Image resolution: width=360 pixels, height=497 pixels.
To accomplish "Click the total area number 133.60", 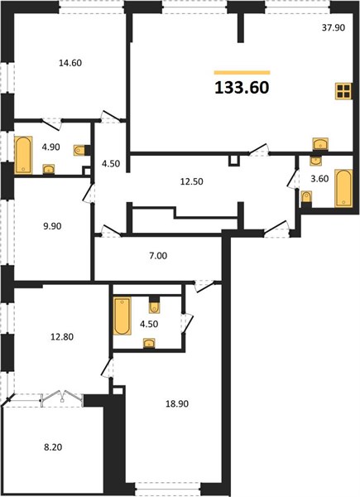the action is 242,88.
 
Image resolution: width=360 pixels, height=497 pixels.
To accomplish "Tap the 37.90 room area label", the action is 334,27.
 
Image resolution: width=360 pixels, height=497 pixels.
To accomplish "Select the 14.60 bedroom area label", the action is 70,63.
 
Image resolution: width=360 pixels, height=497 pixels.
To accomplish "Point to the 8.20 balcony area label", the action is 53,447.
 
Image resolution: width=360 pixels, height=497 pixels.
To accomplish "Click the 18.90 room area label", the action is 177,403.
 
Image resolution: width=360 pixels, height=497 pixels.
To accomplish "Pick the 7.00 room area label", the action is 158,255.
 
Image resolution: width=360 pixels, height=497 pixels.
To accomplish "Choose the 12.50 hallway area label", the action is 191,181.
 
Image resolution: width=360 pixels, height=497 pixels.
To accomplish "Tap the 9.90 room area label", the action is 53,226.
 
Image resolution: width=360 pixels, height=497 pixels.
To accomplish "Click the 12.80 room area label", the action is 62,336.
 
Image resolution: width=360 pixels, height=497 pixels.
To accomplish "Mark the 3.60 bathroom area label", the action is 319,179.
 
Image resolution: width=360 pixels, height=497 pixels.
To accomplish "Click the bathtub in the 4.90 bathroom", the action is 23,155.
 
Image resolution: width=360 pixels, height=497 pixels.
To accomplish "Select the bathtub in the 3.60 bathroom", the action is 343,188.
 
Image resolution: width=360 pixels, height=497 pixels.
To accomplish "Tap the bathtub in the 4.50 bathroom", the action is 122,316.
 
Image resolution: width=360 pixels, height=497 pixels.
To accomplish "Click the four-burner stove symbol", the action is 343,91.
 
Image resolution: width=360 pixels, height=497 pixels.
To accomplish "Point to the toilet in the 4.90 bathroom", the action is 79,150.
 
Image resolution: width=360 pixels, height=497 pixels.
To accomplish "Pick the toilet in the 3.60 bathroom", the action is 306,197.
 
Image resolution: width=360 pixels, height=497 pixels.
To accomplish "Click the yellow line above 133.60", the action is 242,73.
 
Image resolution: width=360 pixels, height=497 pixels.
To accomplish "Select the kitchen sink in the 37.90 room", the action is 320,144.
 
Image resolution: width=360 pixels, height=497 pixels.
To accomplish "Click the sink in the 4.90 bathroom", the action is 49,169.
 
